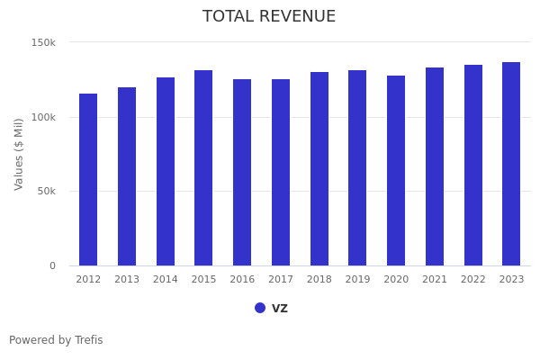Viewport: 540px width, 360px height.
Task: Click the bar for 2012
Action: (88, 180)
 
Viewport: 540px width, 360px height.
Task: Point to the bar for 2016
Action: (242, 173)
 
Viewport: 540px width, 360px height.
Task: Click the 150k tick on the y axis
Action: (43, 42)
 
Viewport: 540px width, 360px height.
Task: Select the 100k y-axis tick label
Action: (43, 117)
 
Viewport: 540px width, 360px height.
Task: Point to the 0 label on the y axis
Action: (52, 265)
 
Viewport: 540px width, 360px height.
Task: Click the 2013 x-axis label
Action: (127, 280)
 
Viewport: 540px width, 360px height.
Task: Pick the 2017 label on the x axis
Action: (281, 280)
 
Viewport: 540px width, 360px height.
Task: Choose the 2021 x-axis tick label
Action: (435, 280)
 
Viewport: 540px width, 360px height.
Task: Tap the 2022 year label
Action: (473, 280)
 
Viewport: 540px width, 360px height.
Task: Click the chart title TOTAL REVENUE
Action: (269, 17)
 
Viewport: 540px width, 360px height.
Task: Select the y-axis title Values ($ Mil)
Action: (19, 154)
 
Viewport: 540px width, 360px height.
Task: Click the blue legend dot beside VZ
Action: (260, 308)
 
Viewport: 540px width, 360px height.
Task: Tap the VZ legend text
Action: (280, 308)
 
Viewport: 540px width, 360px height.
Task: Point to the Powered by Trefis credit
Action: (56, 340)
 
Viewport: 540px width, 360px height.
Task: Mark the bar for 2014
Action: (166, 172)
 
